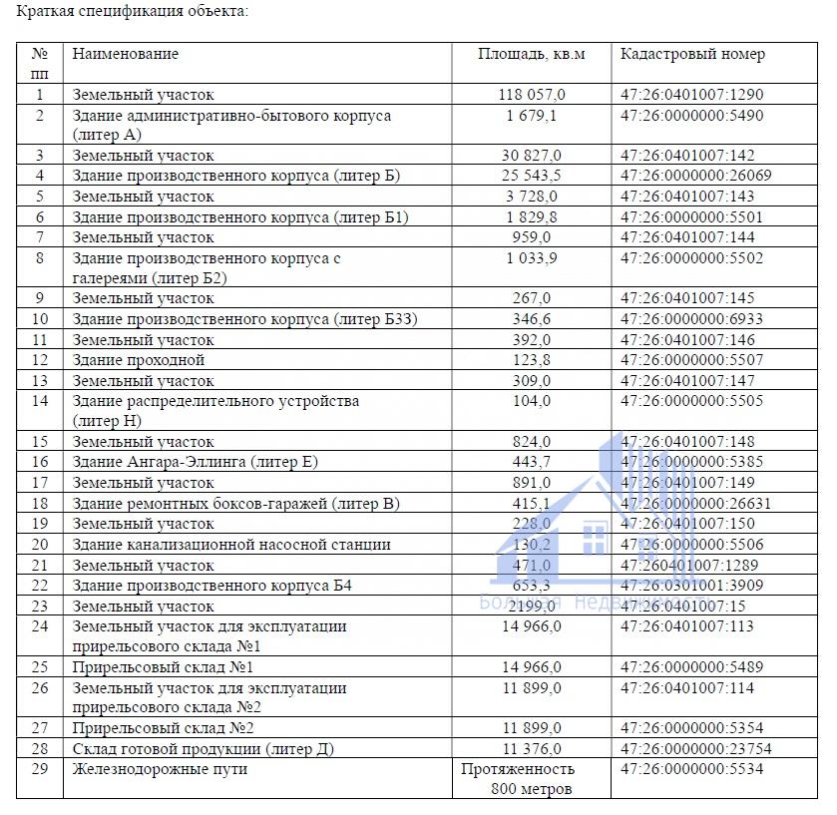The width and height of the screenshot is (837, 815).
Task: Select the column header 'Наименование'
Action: click(126, 54)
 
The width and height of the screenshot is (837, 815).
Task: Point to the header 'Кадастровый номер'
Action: click(692, 54)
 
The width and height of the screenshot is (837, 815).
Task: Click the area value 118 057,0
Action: click(532, 95)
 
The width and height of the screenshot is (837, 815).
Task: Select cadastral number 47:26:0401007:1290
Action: click(691, 95)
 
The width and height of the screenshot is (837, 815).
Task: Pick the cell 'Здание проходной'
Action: click(139, 360)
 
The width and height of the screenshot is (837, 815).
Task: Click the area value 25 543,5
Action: click(532, 177)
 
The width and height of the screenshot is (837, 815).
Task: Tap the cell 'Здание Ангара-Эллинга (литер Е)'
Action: click(196, 462)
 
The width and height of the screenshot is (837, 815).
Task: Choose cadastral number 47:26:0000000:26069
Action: click(695, 177)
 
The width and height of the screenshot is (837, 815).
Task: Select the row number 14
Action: click(40, 401)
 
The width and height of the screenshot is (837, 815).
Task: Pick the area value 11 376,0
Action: click(532, 749)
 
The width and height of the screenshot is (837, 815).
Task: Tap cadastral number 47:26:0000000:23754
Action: click(695, 749)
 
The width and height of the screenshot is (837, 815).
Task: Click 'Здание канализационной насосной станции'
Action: click(231, 545)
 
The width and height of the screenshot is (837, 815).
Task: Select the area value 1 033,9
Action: click(532, 258)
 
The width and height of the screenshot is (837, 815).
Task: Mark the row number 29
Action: click(40, 769)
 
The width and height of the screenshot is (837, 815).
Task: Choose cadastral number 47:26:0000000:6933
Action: click(691, 319)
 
